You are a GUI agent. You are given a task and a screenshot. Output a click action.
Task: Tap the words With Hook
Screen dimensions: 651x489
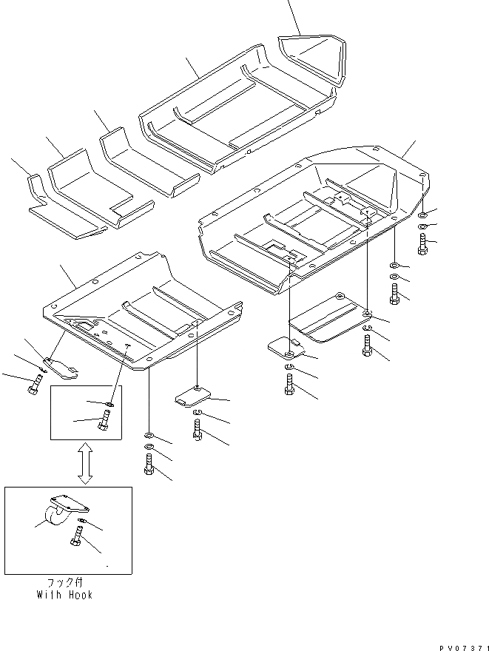[66, 594]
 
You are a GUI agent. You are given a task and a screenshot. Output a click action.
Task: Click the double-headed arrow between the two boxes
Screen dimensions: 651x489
[85, 464]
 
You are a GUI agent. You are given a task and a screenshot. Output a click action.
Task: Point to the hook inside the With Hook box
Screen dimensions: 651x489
[64, 512]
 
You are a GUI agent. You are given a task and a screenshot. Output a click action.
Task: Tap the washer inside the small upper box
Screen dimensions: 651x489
[109, 405]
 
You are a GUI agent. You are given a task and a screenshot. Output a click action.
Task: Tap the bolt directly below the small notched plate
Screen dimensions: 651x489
[197, 430]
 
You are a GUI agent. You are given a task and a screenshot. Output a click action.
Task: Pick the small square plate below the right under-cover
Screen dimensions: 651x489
[283, 346]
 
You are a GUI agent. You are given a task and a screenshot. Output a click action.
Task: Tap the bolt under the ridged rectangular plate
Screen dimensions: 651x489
[368, 345]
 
